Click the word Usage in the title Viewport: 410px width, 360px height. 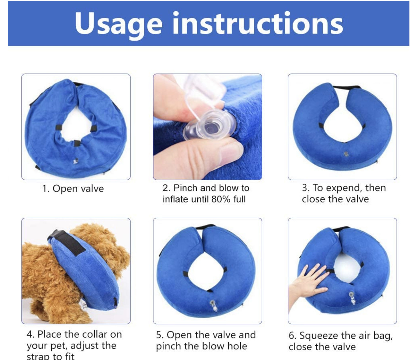pos(118,24)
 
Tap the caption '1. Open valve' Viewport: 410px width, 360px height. pos(73,189)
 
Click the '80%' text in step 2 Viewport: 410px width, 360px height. pos(221,199)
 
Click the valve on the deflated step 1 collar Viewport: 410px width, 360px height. pos(76,161)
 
